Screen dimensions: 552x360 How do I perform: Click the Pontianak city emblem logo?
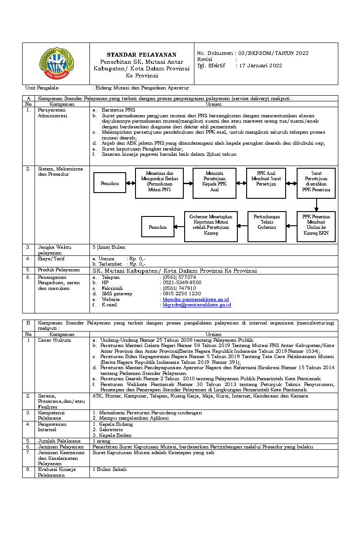point(55,63)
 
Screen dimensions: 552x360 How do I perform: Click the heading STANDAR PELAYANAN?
point(142,54)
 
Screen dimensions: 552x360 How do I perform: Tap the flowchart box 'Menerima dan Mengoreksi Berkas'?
point(153,183)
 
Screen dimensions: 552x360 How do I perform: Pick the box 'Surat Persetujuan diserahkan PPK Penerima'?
point(316,183)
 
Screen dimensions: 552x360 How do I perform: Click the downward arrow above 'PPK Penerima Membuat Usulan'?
point(316,205)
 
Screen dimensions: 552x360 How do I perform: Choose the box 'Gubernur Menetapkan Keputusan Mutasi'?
point(211,226)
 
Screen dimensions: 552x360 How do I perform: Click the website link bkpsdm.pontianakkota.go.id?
point(196,300)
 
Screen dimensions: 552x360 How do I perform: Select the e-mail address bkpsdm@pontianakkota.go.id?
point(197,305)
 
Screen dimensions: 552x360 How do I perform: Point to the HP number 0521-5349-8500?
point(182,282)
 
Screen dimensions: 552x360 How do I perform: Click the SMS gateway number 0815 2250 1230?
point(182,293)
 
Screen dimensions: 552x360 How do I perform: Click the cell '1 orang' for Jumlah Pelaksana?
point(101,441)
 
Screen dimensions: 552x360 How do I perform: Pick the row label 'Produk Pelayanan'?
point(58,270)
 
